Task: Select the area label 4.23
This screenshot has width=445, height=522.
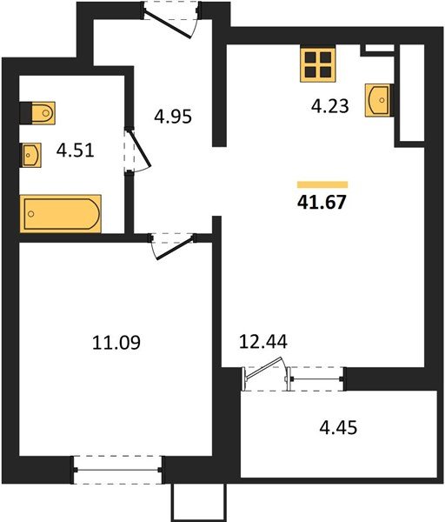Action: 331,108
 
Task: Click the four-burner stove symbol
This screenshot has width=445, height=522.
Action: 318,64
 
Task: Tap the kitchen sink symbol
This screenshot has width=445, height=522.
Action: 378,99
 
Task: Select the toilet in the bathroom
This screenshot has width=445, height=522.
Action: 38,113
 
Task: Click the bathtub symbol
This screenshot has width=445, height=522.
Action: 61,213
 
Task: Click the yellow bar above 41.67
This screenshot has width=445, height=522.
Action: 322,184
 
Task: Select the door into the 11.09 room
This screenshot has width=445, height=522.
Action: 171,244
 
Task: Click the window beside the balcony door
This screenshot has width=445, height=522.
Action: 317,378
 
